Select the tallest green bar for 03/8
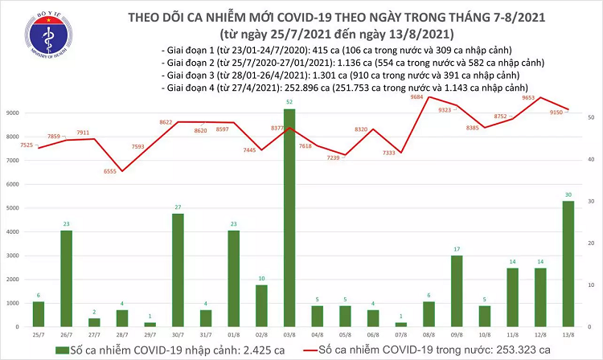tap(289, 217)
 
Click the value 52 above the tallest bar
tap(289, 102)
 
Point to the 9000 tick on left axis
tap(14, 113)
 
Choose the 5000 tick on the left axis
tap(14, 208)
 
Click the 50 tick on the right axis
tap(591, 117)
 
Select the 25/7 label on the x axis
tap(39, 335)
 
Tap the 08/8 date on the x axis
tap(429, 335)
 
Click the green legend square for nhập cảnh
tap(60, 350)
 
